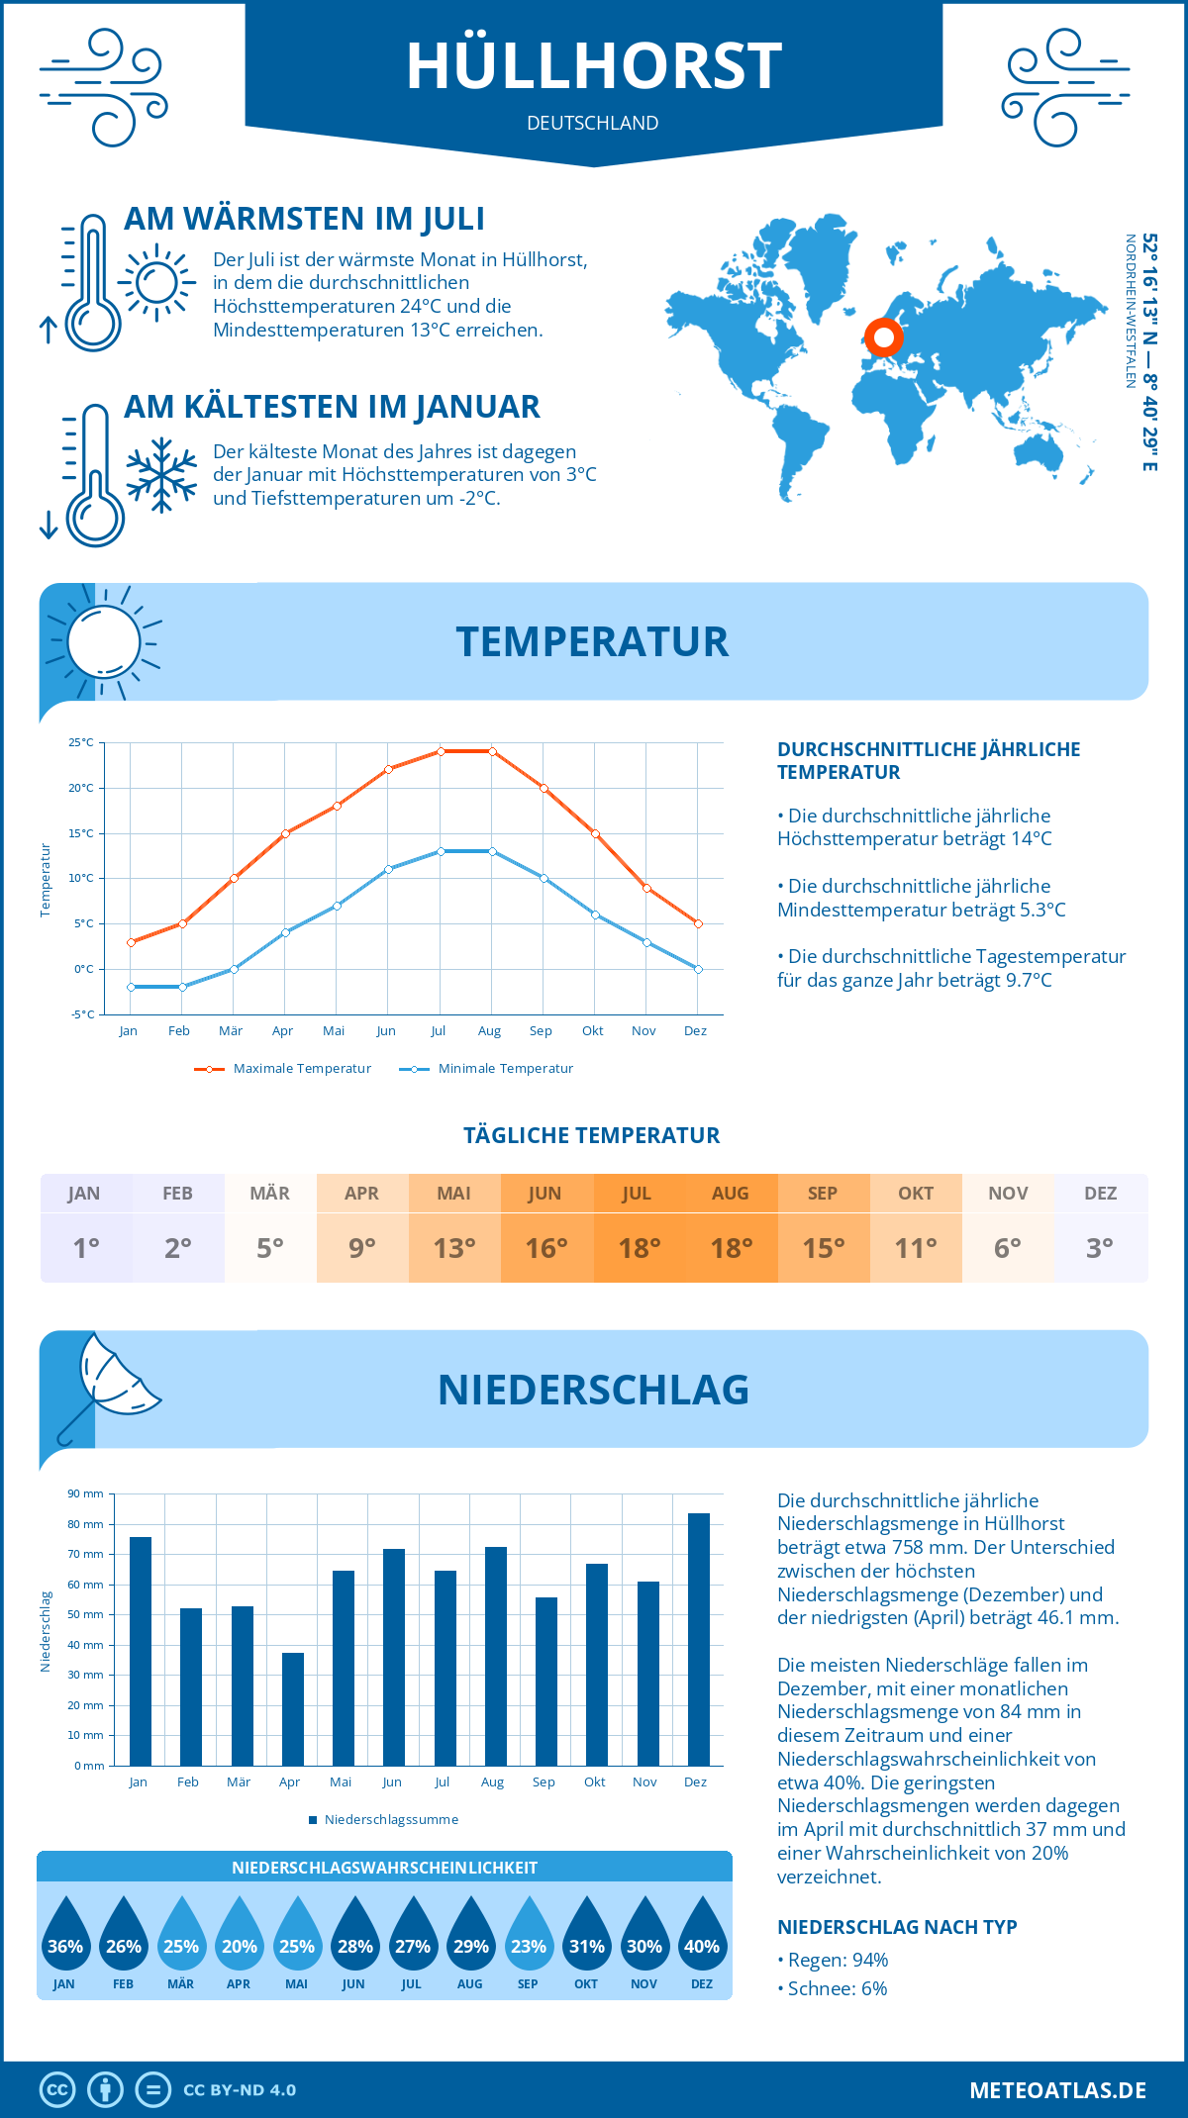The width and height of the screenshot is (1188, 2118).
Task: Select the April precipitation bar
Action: tap(293, 1709)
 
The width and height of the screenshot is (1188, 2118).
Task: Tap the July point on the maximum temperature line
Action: tap(441, 751)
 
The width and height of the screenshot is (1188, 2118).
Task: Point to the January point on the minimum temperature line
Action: tap(131, 987)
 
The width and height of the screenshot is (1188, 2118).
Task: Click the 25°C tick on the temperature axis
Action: tap(81, 742)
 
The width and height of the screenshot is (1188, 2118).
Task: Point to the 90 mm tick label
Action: tap(85, 1493)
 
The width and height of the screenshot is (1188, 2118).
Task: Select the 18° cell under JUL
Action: tap(639, 1248)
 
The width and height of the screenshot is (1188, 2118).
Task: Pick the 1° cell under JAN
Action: tap(85, 1248)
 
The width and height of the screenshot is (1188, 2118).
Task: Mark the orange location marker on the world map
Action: tap(883, 338)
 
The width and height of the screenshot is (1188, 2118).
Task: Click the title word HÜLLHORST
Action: tap(594, 66)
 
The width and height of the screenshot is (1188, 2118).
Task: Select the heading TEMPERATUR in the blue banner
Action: tap(592, 641)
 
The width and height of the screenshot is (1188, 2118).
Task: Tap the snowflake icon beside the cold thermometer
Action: tap(161, 474)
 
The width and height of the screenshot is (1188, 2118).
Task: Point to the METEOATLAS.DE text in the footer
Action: tap(1057, 2090)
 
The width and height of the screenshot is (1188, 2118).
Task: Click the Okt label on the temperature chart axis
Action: tap(592, 1031)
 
